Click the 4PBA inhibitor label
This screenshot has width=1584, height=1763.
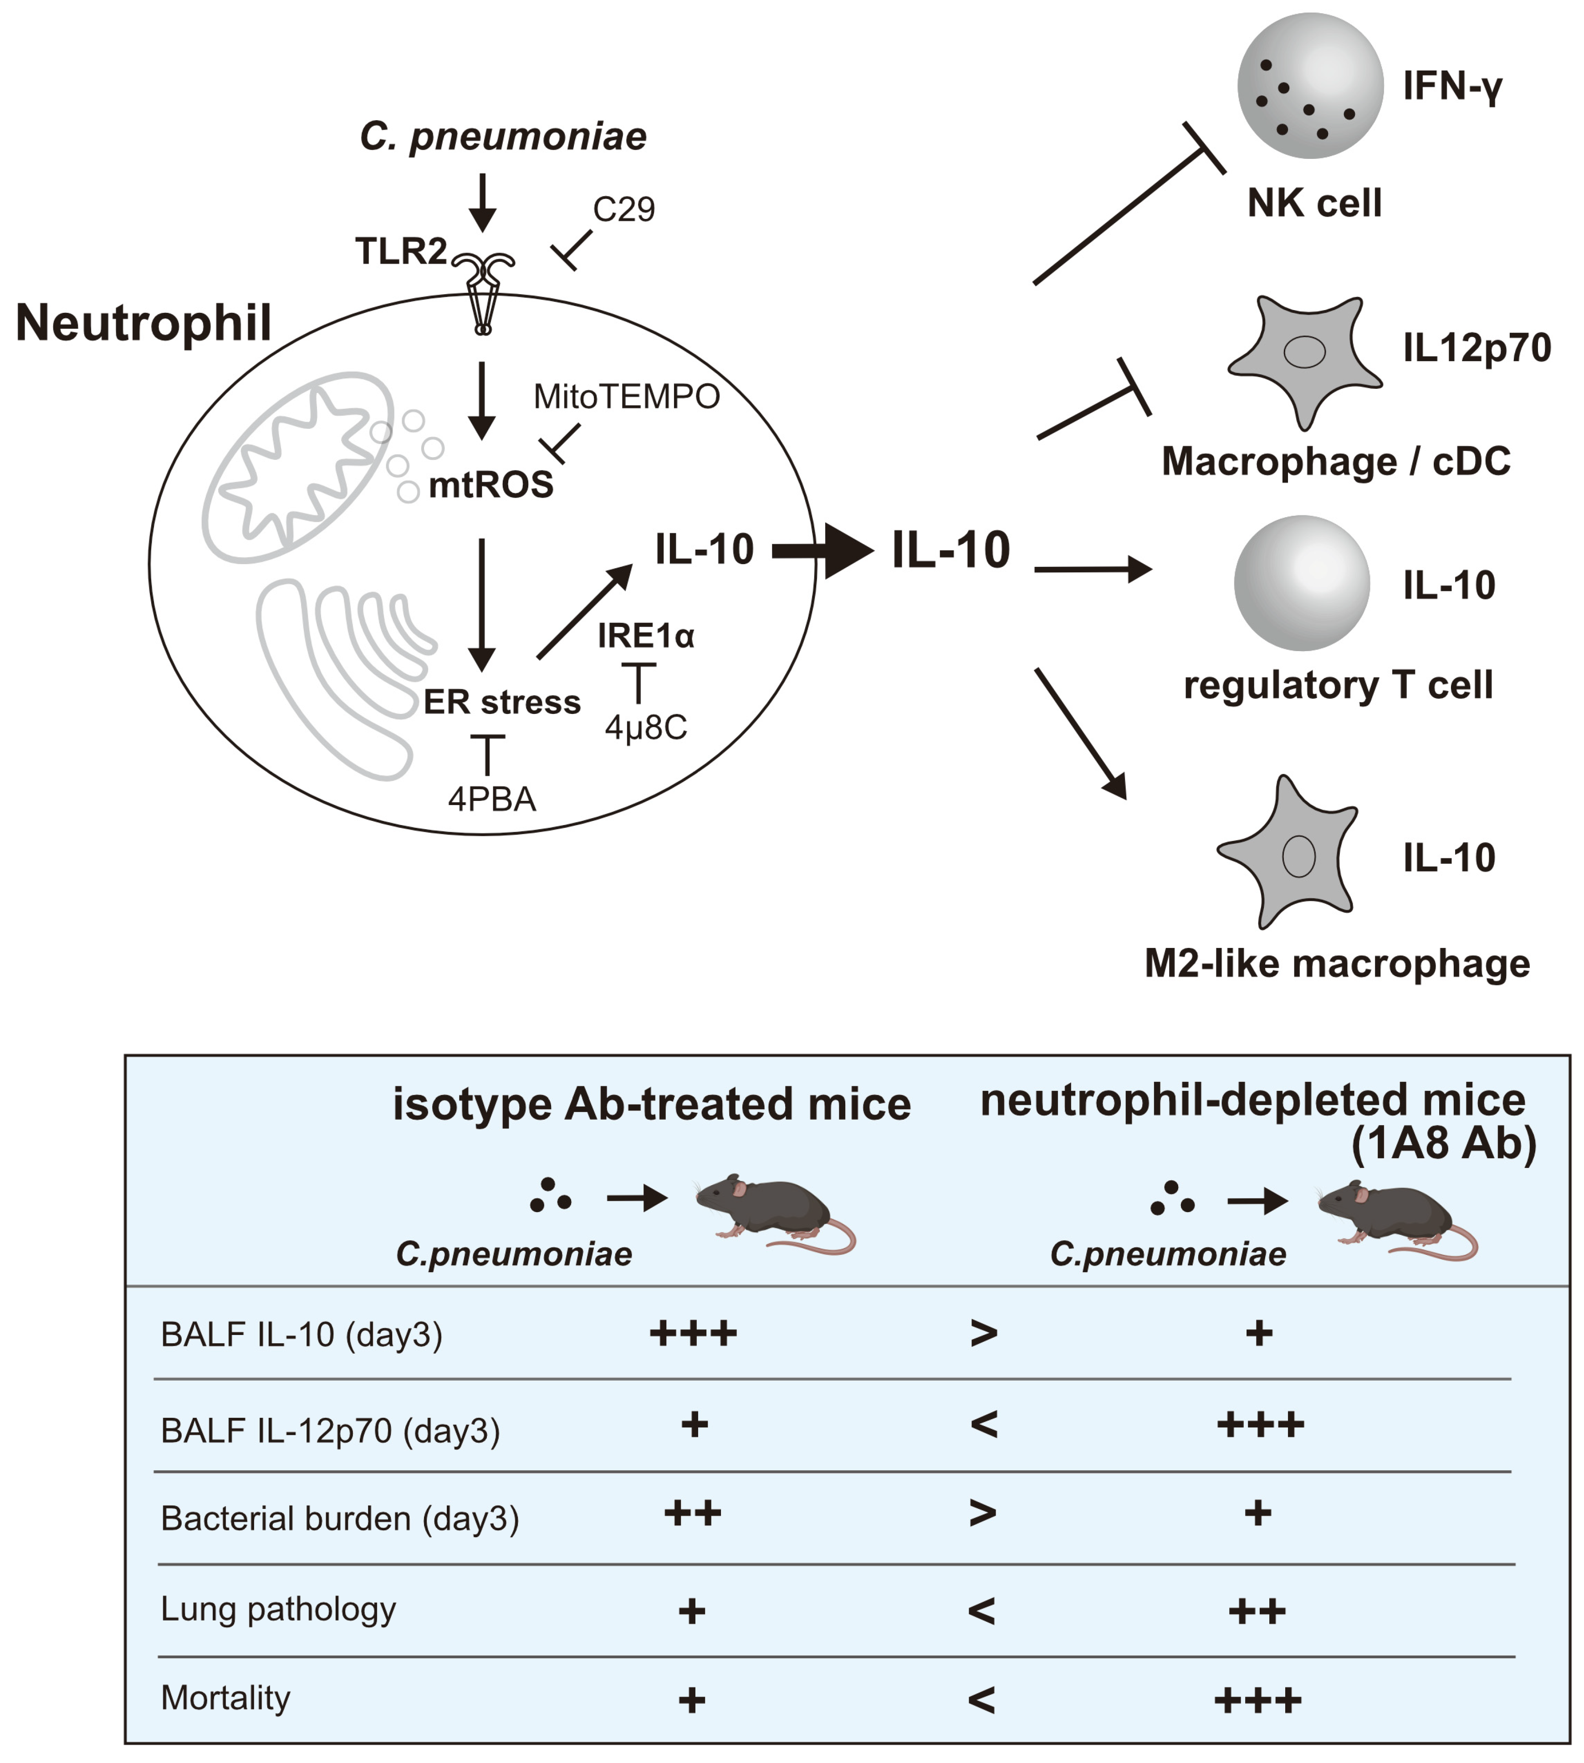pos(492,799)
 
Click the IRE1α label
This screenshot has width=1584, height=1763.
pos(646,636)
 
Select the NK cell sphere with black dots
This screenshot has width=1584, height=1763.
pos(1310,85)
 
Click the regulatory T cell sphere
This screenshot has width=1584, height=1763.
pos(1301,583)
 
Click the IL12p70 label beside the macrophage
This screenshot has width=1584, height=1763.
pos(1476,348)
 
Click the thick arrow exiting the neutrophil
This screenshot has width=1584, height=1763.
pos(823,550)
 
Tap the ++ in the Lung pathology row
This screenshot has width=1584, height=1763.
pos(1256,1611)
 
